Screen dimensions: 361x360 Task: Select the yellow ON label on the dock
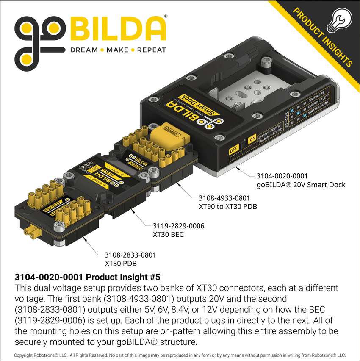(252, 139)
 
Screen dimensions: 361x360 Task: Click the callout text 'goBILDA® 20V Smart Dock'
(301, 185)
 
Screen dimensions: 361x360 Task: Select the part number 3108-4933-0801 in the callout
(224, 198)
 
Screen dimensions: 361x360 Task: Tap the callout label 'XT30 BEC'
(168, 234)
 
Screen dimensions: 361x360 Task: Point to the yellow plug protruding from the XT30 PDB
(32, 231)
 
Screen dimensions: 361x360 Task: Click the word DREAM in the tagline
(84, 50)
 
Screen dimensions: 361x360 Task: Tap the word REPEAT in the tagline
(152, 50)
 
